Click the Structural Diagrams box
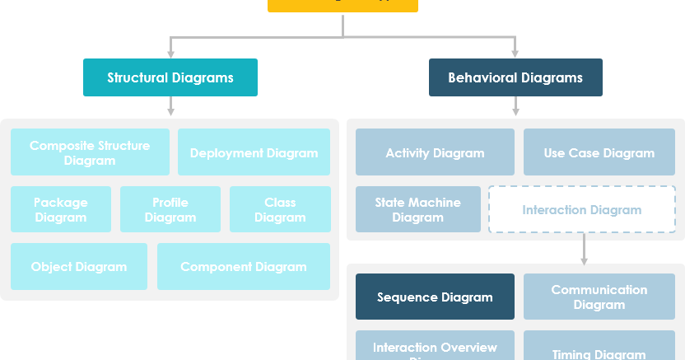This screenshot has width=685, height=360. click(x=170, y=77)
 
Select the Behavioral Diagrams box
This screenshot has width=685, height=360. click(x=515, y=77)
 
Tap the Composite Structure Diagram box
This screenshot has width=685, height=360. click(x=90, y=152)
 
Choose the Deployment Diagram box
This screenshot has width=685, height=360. click(x=254, y=152)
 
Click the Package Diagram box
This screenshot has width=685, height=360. click(x=61, y=209)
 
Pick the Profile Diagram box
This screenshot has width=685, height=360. click(x=170, y=209)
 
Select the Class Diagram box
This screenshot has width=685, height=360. click(x=280, y=209)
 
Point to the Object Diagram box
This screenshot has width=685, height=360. click(x=79, y=266)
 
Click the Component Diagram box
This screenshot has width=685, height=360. click(x=244, y=266)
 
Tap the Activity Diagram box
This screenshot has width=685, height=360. click(x=435, y=152)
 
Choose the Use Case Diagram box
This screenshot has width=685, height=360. click(x=599, y=152)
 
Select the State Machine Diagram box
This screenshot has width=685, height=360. click(x=418, y=209)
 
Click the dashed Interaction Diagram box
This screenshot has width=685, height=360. click(x=582, y=209)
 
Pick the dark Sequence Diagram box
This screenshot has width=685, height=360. click(x=435, y=297)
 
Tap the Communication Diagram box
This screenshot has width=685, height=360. click(x=599, y=297)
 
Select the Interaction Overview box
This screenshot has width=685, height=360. click(x=435, y=347)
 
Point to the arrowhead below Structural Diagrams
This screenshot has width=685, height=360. click(x=170, y=110)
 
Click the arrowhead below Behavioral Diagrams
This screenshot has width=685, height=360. click(x=515, y=110)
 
